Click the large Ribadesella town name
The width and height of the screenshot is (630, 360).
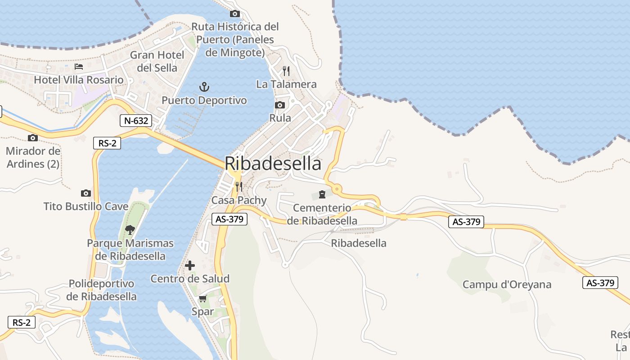pyautogui.click(x=273, y=163)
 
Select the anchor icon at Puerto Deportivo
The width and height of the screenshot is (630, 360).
pyautogui.click(x=204, y=86)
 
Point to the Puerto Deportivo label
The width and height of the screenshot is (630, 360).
pyautogui.click(x=204, y=100)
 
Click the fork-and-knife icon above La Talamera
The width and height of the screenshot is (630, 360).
pyautogui.click(x=286, y=71)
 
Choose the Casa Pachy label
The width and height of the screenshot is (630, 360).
pyautogui.click(x=239, y=200)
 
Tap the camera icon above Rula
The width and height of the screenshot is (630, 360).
pyautogui.click(x=280, y=105)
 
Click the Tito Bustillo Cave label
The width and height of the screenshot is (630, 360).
pyautogui.click(x=86, y=207)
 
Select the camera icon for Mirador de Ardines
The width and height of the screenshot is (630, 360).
pyautogui.click(x=32, y=138)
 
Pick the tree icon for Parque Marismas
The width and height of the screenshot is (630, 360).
pyautogui.click(x=130, y=230)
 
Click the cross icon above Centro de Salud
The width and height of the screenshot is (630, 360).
pyautogui.click(x=190, y=265)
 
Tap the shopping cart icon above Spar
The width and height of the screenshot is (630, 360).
pyautogui.click(x=202, y=298)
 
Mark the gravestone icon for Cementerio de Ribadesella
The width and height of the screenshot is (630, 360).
pyautogui.click(x=322, y=194)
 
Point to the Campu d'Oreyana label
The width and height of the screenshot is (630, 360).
pyautogui.click(x=507, y=284)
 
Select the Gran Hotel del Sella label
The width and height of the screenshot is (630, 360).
pyautogui.click(x=157, y=61)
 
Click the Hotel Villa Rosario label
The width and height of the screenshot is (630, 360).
pyautogui.click(x=79, y=80)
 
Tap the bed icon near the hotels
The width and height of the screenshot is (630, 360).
pyautogui.click(x=79, y=67)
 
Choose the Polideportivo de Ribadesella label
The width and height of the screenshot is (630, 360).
pyautogui.click(x=101, y=290)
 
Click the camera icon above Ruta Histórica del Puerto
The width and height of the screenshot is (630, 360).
pyautogui.click(x=235, y=13)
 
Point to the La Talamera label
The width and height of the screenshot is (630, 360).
pyautogui.click(x=286, y=84)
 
